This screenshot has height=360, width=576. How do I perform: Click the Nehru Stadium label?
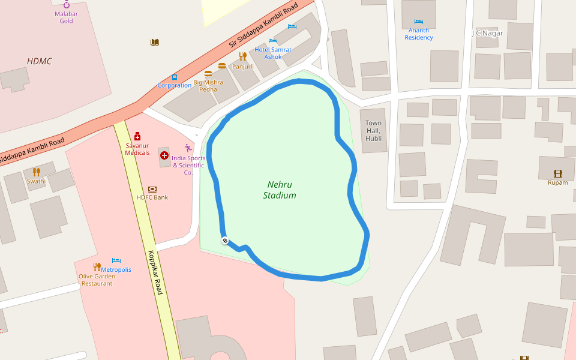[280, 190]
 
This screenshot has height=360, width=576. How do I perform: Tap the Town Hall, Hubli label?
[373, 131]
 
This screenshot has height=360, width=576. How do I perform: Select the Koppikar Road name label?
[155, 272]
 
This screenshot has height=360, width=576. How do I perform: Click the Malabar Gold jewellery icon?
[66, 5]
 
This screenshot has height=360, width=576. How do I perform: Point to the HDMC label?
[40, 61]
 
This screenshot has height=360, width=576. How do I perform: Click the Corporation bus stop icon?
[175, 77]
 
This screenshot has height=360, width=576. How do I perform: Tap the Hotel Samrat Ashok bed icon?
[273, 41]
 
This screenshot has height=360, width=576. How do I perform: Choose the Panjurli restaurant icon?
[243, 56]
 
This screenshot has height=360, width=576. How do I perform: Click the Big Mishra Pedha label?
[208, 86]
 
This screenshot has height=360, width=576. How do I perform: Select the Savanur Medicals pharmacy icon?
[137, 136]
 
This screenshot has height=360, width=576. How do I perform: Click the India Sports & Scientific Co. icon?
[188, 148]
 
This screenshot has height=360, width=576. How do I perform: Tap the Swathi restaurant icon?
[36, 172]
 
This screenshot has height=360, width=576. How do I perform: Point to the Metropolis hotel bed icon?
[116, 261]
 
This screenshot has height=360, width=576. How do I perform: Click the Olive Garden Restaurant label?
[97, 280]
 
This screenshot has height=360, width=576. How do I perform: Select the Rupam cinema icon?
[558, 173]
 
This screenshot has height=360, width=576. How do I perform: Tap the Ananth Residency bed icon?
[419, 22]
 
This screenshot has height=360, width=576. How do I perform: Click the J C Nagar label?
[487, 33]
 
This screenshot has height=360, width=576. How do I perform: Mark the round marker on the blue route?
[225, 241]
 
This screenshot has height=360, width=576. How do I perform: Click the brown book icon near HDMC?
[155, 42]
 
